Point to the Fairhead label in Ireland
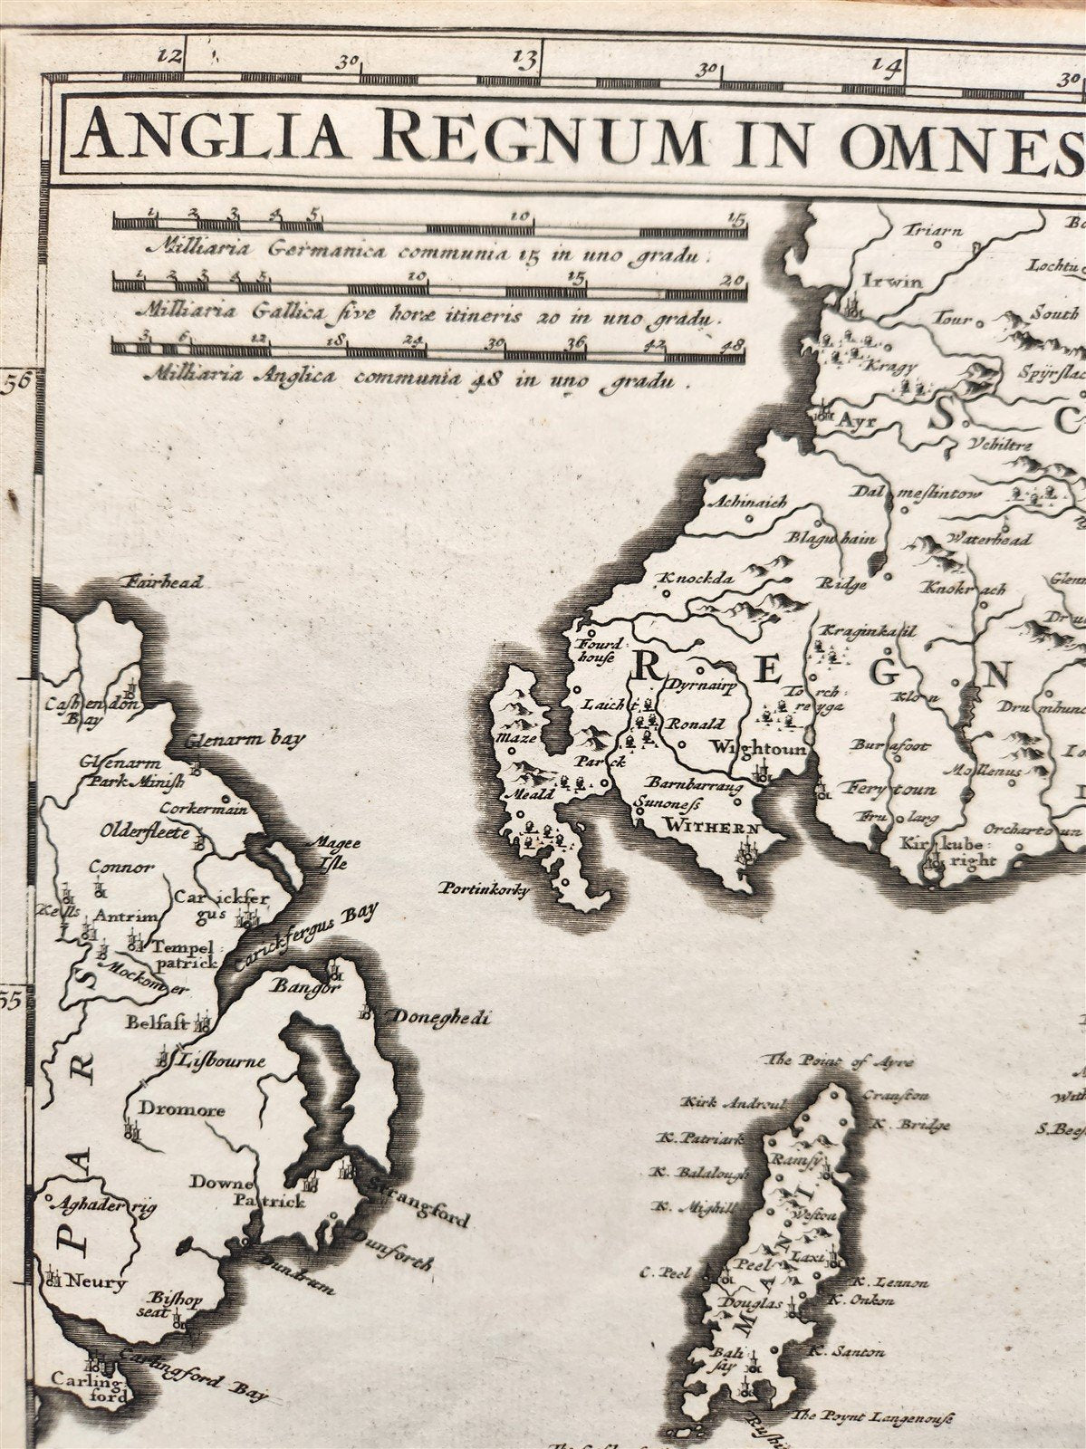pos(164,582)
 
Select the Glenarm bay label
pos(245,738)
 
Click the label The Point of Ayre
pos(840,1061)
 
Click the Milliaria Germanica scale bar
pos(430,222)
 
